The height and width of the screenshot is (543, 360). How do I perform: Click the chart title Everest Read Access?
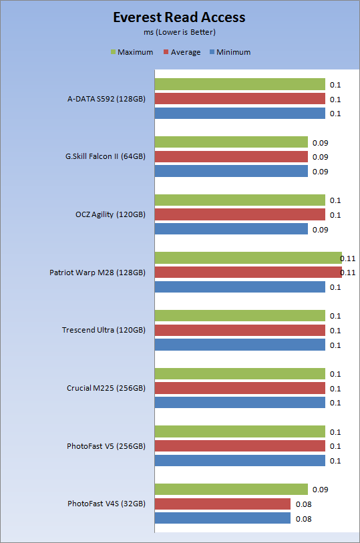click(179, 17)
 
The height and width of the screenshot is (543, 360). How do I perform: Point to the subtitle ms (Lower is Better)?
click(180, 32)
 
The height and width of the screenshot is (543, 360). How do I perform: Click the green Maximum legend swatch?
click(113, 52)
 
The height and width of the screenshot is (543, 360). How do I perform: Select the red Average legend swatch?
click(166, 52)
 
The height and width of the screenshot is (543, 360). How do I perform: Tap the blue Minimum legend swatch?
click(212, 52)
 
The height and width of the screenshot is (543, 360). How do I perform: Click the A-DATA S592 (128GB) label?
click(106, 99)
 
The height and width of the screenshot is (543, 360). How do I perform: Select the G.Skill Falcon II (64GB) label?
click(106, 156)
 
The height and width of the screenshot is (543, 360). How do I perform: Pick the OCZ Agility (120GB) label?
click(110, 214)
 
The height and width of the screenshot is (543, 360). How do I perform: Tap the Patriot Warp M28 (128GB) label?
click(98, 273)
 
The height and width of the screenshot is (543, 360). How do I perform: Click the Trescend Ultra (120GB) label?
click(104, 330)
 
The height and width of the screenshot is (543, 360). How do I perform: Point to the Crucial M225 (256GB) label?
click(106, 388)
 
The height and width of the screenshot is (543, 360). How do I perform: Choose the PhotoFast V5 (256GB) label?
click(106, 446)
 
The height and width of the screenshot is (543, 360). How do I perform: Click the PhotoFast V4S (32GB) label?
click(106, 504)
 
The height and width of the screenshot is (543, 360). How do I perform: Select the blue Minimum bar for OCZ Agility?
click(231, 229)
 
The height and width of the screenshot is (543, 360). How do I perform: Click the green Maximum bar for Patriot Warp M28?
click(248, 258)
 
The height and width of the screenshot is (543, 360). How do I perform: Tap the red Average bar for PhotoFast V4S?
click(222, 504)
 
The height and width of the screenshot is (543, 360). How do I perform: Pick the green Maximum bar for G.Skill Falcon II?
click(231, 142)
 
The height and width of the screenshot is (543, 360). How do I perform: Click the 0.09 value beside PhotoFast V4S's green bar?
click(320, 490)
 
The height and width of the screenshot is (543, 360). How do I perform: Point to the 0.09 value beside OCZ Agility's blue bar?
click(320, 230)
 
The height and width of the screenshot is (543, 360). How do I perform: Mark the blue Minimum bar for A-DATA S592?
click(240, 114)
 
